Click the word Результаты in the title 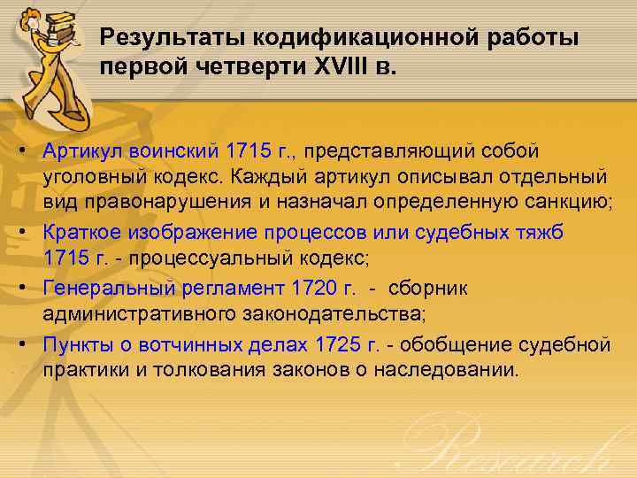(173, 38)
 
